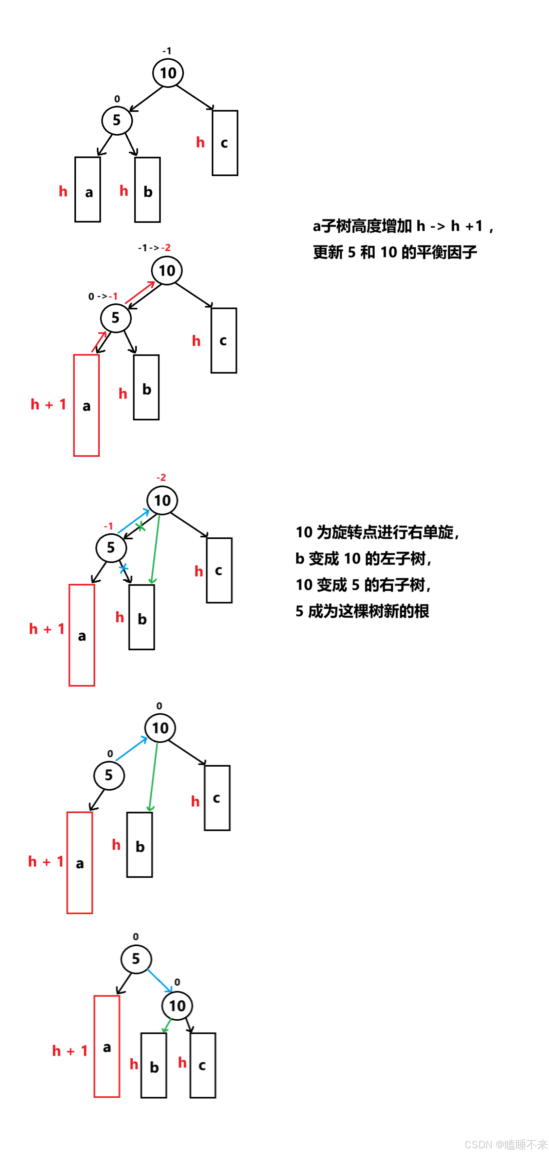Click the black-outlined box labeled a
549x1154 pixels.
[88, 190]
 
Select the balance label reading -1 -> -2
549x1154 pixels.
[154, 248]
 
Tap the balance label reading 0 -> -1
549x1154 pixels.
[103, 296]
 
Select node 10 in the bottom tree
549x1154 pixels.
[177, 1006]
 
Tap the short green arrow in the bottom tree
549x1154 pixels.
[167, 1025]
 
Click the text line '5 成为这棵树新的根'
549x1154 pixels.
[362, 611]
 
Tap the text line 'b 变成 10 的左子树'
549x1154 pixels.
[363, 559]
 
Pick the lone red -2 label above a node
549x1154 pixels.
[161, 478]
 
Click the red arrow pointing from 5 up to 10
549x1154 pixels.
[140, 292]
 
